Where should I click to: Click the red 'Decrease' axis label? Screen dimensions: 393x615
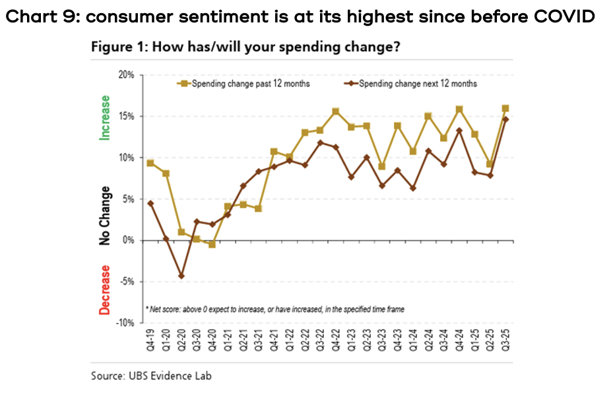tap(104, 290)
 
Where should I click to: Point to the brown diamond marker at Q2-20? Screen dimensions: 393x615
tap(181, 276)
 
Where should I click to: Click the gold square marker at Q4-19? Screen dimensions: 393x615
tap(150, 163)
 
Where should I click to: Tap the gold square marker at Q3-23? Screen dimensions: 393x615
tap(383, 166)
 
